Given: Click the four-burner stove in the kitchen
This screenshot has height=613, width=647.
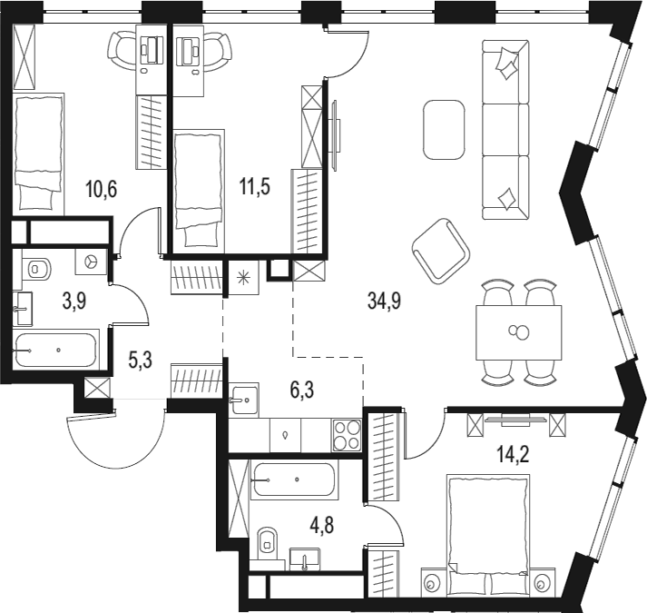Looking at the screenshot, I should coord(347,435).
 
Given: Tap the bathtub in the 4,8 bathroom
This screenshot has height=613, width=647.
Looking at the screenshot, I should coord(295,477).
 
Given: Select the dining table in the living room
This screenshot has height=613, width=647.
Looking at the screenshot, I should coord(518,331).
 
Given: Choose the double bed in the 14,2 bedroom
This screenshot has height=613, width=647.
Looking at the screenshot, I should coord(486,527).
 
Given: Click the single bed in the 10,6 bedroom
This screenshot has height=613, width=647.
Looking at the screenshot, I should coord(39,153).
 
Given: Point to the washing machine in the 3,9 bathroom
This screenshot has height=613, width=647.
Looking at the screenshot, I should coord(90,262).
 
